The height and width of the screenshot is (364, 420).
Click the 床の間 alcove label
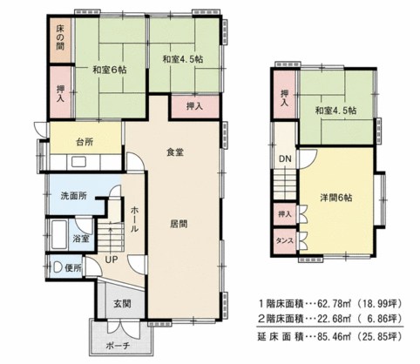click(60, 37)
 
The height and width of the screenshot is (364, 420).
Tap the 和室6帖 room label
click(110, 70)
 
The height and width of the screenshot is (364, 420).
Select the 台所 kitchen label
click(85, 142)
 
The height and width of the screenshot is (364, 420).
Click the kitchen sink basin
click(78, 162)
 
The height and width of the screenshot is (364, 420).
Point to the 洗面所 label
click(74, 196)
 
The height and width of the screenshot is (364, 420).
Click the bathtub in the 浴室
click(59, 234)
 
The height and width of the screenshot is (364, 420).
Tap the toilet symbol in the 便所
click(57, 267)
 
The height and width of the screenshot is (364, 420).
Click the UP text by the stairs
click(112, 260)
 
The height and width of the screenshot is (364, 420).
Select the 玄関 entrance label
click(122, 304)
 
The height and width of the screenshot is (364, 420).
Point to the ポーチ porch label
click(118, 346)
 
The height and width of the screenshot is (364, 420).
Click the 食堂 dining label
click(175, 152)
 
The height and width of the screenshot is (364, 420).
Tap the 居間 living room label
click(179, 224)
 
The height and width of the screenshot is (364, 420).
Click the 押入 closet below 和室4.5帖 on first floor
click(194, 106)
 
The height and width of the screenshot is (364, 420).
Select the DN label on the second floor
click(285, 158)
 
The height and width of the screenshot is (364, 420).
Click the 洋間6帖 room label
click(336, 198)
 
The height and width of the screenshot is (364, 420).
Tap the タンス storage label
click(285, 241)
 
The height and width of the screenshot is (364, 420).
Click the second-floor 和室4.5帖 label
click(336, 111)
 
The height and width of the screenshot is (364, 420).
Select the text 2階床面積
click(281, 319)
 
